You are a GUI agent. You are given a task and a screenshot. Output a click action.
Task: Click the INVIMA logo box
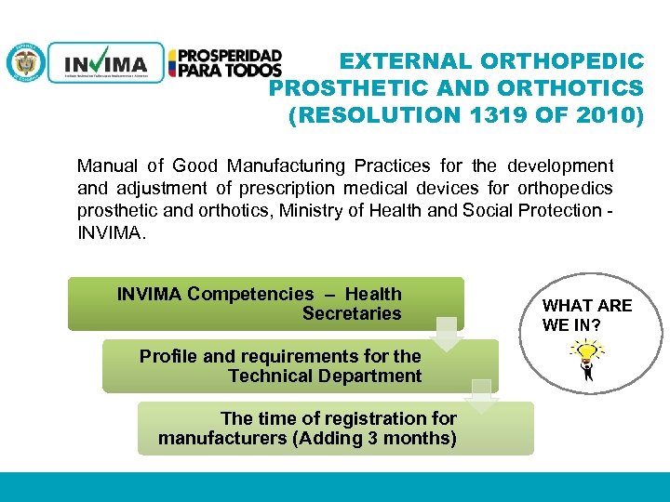[x=105, y=63]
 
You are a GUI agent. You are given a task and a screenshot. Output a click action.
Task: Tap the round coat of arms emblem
[x=25, y=62]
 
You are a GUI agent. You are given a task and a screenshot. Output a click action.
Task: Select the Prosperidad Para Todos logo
[x=224, y=63]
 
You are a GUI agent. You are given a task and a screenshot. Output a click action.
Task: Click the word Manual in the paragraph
[x=106, y=166]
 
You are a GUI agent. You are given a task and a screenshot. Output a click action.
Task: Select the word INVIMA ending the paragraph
[x=109, y=231]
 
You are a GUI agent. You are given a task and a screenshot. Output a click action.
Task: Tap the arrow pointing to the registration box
[x=482, y=395]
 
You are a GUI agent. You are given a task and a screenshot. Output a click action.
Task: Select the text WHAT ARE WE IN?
[x=586, y=314]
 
